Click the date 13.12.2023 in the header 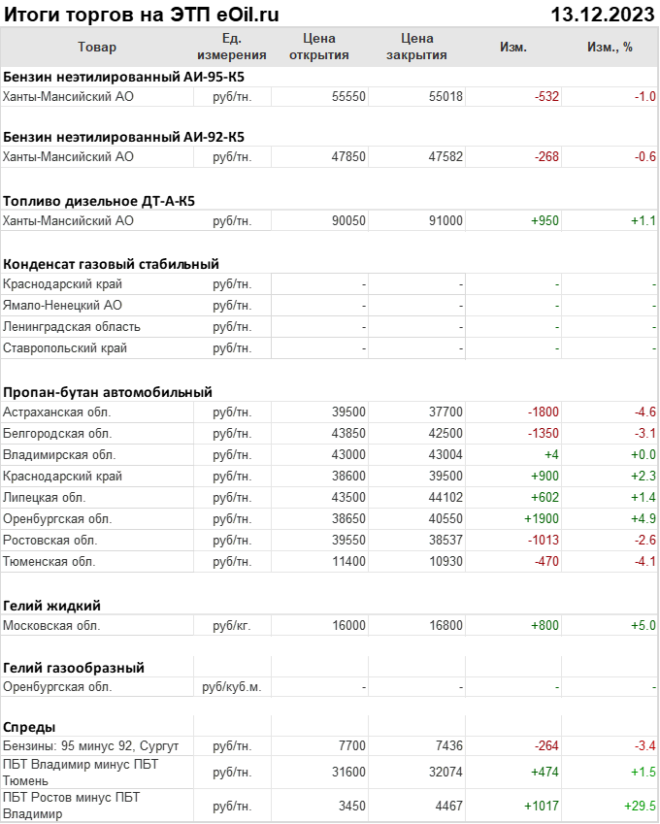(x=602, y=14)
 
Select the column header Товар (x=97, y=47)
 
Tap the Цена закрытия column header (x=416, y=47)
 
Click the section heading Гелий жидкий (x=52, y=606)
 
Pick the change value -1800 (x=542, y=412)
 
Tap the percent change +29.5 (x=640, y=806)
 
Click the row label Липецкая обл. (x=44, y=497)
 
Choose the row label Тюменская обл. (x=49, y=561)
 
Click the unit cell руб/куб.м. (x=231, y=687)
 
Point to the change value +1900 (x=542, y=518)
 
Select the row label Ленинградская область (x=72, y=326)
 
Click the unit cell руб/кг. (x=232, y=625)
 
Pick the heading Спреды (x=30, y=727)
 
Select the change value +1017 (x=542, y=806)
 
